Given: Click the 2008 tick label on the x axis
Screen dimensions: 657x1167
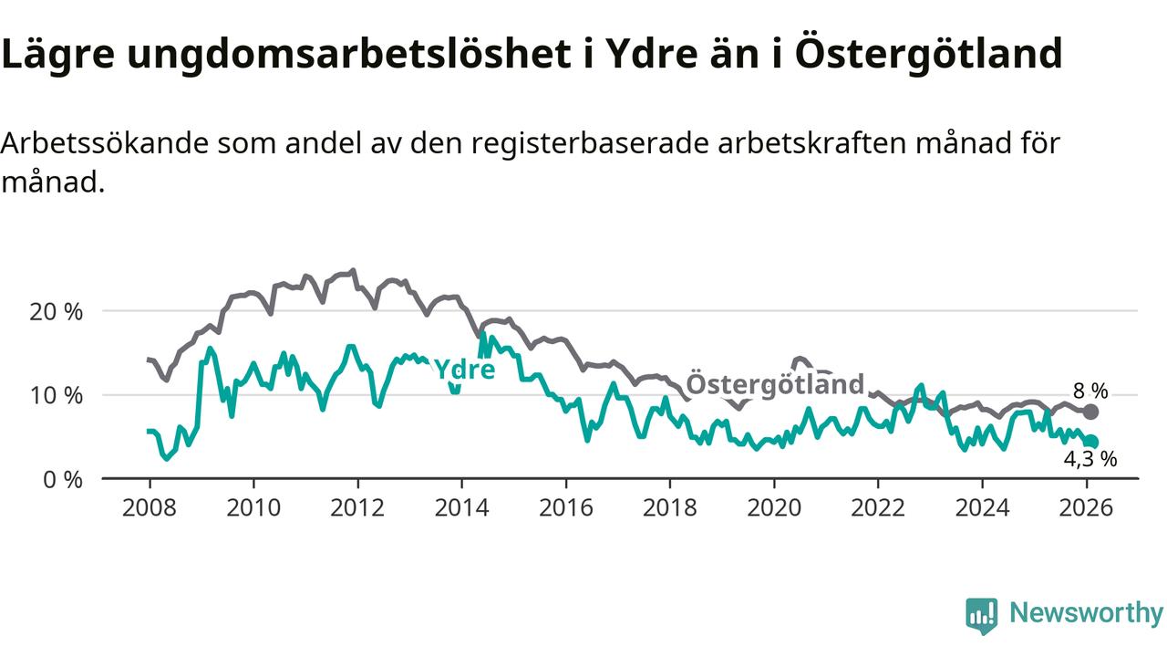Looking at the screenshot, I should (149, 506).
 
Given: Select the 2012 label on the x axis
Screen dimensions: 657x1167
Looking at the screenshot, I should (357, 506).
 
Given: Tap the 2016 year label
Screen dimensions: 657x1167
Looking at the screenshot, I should (565, 506).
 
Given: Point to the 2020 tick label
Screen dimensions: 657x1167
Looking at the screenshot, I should (773, 506).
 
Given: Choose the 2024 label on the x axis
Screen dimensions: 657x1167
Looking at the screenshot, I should (982, 506).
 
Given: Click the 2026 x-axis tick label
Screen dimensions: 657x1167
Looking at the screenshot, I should (1086, 506).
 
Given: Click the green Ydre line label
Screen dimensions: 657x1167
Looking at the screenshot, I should (464, 370).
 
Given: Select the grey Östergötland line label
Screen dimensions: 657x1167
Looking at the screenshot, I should (774, 384).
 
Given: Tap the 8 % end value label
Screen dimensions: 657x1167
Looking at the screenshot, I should (1090, 391).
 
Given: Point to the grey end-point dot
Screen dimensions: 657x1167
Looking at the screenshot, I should (1090, 412).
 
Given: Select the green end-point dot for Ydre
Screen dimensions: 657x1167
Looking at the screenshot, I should (1091, 442).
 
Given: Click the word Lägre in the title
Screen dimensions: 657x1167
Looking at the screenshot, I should (57, 55).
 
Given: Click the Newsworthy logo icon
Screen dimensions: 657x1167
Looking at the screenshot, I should (982, 616).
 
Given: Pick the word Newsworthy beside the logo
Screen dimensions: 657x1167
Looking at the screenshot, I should (1086, 613).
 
